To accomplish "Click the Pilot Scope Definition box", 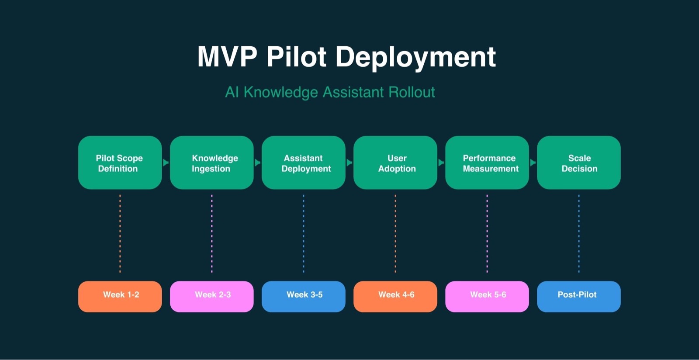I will coord(120,163).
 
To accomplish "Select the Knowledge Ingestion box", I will coord(211,163).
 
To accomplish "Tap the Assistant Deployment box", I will coord(303,163).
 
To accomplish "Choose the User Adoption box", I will coord(395,163).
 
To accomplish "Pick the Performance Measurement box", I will coord(487,163).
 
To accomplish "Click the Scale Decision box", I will coord(578,163).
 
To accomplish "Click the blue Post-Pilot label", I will coord(578,296).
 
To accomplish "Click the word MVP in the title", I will coord(227,57).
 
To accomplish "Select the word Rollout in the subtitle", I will coord(412,92).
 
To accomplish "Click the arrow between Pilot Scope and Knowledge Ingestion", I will coord(166,163).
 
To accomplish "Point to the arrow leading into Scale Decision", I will coord(533,163).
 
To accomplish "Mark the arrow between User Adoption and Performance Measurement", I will coord(441,163).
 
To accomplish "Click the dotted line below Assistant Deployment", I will coord(304,234).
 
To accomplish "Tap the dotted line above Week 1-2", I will coord(120,234).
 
